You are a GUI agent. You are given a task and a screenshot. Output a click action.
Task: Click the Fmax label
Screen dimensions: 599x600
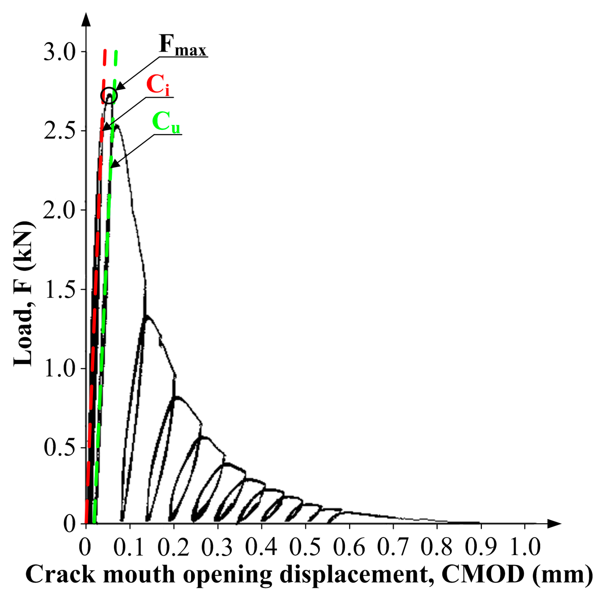[x=182, y=46]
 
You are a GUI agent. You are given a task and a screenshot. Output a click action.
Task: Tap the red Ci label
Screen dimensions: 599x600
[x=158, y=85]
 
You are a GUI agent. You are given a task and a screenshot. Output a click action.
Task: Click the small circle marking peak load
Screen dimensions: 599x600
[x=109, y=96]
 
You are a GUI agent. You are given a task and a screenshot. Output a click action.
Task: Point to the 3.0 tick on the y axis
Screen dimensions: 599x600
[x=59, y=52]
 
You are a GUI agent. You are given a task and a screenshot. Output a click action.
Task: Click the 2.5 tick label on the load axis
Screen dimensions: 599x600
[x=59, y=131]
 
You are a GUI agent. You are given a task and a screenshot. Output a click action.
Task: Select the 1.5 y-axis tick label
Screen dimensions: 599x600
[x=59, y=289]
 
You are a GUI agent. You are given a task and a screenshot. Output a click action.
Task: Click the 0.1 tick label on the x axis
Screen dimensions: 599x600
[x=129, y=547]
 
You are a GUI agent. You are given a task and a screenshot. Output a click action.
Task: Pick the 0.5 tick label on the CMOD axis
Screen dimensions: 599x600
[x=305, y=547]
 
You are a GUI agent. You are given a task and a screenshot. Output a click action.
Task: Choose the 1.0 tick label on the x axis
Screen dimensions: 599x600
[x=525, y=547]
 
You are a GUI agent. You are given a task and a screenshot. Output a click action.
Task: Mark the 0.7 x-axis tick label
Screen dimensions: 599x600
[x=393, y=547]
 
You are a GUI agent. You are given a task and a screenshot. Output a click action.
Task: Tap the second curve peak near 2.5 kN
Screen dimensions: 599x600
[x=116, y=125]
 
